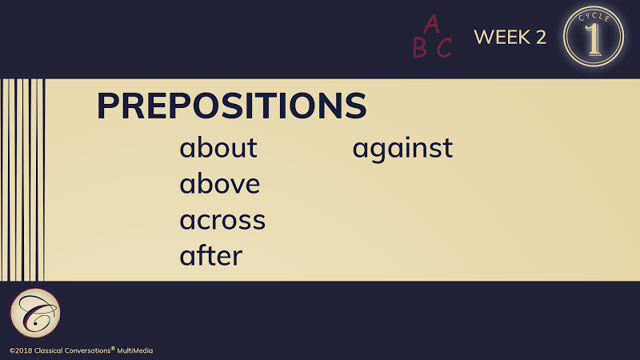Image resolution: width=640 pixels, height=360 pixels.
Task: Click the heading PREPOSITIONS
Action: click(x=231, y=106)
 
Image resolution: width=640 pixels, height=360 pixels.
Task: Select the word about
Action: click(x=218, y=147)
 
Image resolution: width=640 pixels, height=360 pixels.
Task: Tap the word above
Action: click(x=219, y=183)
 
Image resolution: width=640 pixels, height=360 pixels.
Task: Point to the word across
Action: click(x=222, y=221)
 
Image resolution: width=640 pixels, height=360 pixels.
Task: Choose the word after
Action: click(x=211, y=255)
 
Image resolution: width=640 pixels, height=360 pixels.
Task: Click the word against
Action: click(x=402, y=149)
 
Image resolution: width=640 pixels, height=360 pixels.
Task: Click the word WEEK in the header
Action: click(x=502, y=37)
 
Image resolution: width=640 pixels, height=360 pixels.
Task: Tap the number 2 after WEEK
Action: click(x=541, y=37)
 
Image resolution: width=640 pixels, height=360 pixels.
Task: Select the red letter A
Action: click(x=431, y=24)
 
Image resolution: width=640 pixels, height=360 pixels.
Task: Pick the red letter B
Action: click(x=419, y=47)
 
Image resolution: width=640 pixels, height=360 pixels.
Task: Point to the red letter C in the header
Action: click(x=444, y=48)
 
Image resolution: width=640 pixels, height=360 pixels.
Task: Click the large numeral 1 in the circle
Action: click(x=594, y=39)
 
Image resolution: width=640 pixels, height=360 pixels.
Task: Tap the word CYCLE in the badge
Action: click(x=594, y=17)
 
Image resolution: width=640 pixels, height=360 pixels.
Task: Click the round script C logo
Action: click(x=35, y=313)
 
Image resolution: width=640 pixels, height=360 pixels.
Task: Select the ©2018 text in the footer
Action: click(x=21, y=350)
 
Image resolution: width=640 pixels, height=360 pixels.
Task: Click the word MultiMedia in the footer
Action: click(x=134, y=350)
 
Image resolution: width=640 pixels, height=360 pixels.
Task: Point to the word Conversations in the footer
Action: click(x=88, y=350)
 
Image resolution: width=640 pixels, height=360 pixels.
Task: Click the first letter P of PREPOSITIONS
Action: click(x=107, y=106)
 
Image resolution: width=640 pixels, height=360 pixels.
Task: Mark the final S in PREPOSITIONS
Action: click(x=356, y=106)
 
